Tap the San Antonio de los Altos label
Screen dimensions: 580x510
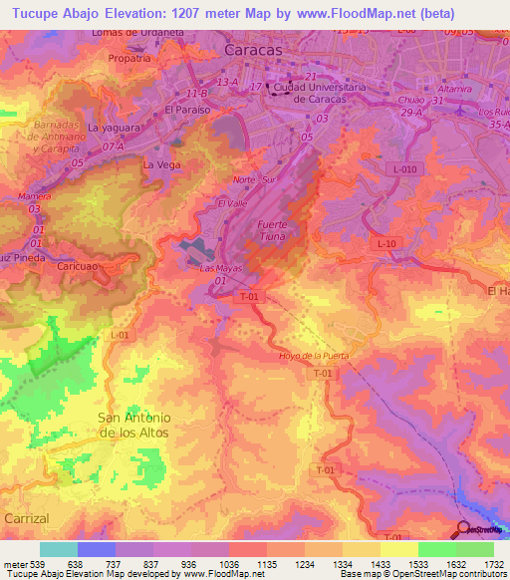point(133,426)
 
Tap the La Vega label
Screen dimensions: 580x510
point(161,163)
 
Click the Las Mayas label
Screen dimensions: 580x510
point(221,269)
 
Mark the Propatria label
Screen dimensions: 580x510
point(129,58)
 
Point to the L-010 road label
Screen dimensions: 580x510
point(404,170)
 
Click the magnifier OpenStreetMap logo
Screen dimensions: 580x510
point(465,530)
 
